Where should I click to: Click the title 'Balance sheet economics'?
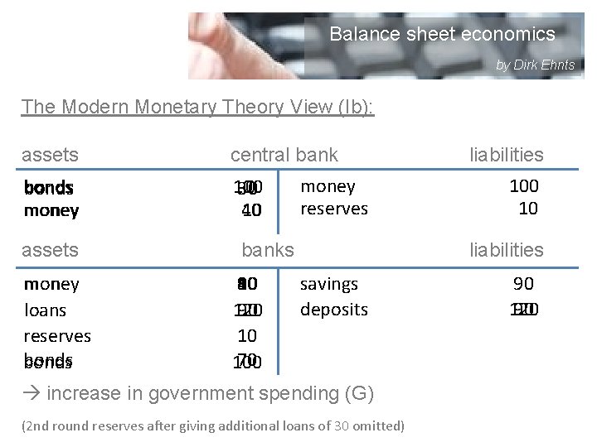tap(442, 34)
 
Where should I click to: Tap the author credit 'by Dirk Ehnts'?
tap(535, 65)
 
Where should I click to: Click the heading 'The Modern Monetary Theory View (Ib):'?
tap(198, 107)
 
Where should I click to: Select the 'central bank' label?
tap(284, 154)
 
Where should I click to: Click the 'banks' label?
tap(267, 249)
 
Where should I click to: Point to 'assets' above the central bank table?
tap(50, 154)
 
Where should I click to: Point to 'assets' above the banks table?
tap(50, 249)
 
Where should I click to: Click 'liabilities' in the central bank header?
tap(506, 155)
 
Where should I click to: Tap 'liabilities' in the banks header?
tap(506, 249)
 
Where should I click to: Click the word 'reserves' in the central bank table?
tap(333, 209)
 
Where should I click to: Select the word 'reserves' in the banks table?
tap(57, 336)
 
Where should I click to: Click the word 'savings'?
tap(329, 284)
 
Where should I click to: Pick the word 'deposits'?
tap(333, 310)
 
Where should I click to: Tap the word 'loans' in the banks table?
tap(45, 310)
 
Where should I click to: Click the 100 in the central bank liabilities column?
tap(523, 185)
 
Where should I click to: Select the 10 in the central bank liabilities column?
tap(528, 209)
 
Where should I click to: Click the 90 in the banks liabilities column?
tap(523, 284)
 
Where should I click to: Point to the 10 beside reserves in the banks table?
tap(247, 336)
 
